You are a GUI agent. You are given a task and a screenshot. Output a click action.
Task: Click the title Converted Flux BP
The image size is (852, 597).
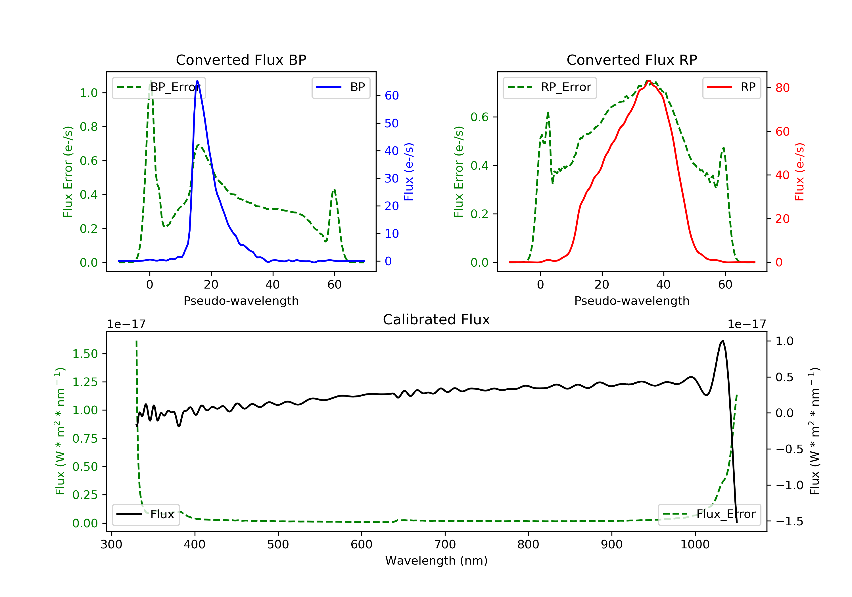(x=241, y=60)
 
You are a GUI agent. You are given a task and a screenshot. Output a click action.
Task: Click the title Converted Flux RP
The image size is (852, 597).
(x=632, y=60)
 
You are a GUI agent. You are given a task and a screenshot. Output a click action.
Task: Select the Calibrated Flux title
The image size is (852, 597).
(x=437, y=320)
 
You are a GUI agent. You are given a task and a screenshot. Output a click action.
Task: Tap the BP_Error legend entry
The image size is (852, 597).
(x=159, y=87)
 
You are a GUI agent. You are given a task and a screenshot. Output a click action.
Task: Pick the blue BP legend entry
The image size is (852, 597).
(x=341, y=87)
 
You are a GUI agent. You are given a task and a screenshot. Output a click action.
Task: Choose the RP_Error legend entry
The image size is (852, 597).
(x=550, y=87)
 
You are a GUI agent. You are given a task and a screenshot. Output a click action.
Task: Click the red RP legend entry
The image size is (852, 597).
(x=731, y=87)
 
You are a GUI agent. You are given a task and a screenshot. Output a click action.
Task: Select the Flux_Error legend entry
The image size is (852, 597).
(x=709, y=514)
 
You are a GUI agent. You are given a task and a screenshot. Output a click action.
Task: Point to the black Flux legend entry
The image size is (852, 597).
(x=145, y=514)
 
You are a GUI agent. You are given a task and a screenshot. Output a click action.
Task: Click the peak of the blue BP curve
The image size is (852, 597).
(x=197, y=81)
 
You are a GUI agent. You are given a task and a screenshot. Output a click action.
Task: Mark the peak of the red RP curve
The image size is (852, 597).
(x=648, y=81)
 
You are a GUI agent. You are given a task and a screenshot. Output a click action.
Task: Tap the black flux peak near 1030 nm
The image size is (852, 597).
(x=722, y=341)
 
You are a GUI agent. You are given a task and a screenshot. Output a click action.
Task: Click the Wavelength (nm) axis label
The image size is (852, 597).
(x=437, y=561)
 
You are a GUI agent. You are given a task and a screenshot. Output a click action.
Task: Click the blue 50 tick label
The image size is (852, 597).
(x=391, y=123)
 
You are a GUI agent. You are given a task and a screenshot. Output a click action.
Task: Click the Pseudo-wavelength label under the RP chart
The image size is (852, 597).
(x=632, y=300)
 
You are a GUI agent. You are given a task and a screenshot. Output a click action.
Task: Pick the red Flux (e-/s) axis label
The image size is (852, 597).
(x=799, y=172)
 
